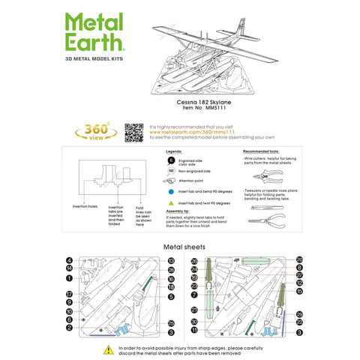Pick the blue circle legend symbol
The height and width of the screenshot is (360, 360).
(x=172, y=192)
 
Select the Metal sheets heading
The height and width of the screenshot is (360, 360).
(x=179, y=246)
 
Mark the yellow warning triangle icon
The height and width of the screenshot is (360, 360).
(x=110, y=349)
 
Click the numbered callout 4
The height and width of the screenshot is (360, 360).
(x=69, y=261)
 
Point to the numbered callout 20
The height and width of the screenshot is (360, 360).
(x=298, y=259)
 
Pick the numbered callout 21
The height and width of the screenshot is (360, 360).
(x=193, y=309)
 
